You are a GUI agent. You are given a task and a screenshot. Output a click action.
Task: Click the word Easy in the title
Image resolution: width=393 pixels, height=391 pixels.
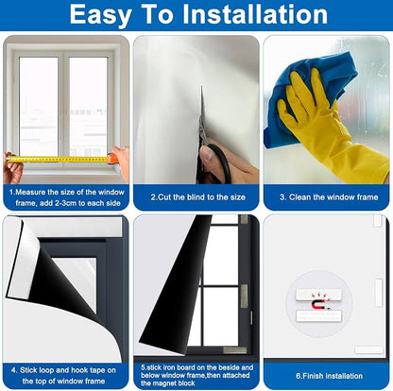pyautogui.click(x=100, y=15)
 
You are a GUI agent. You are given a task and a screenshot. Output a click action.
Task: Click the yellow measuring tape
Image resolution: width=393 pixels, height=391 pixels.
pyautogui.click(x=60, y=160)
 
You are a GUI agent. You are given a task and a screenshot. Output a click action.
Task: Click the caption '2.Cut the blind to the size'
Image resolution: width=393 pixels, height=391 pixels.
pyautogui.click(x=197, y=197)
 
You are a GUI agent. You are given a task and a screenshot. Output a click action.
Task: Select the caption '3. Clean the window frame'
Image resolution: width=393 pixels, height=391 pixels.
pyautogui.click(x=329, y=197)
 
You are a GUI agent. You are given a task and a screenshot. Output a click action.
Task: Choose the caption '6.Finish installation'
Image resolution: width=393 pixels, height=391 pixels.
pyautogui.click(x=329, y=376)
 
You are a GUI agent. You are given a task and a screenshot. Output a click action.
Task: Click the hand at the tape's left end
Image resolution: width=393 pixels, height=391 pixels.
pyautogui.click(x=13, y=168)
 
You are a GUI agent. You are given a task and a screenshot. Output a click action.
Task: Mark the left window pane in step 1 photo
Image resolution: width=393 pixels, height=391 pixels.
pyautogui.click(x=39, y=107)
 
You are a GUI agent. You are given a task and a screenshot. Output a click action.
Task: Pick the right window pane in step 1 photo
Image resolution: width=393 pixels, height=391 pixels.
pyautogui.click(x=88, y=107)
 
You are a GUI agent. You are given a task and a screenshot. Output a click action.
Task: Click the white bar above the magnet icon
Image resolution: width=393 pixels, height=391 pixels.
pyautogui.click(x=319, y=295)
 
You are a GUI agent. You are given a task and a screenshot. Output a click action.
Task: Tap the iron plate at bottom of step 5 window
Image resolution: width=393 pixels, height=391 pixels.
pyautogui.click(x=235, y=350)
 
